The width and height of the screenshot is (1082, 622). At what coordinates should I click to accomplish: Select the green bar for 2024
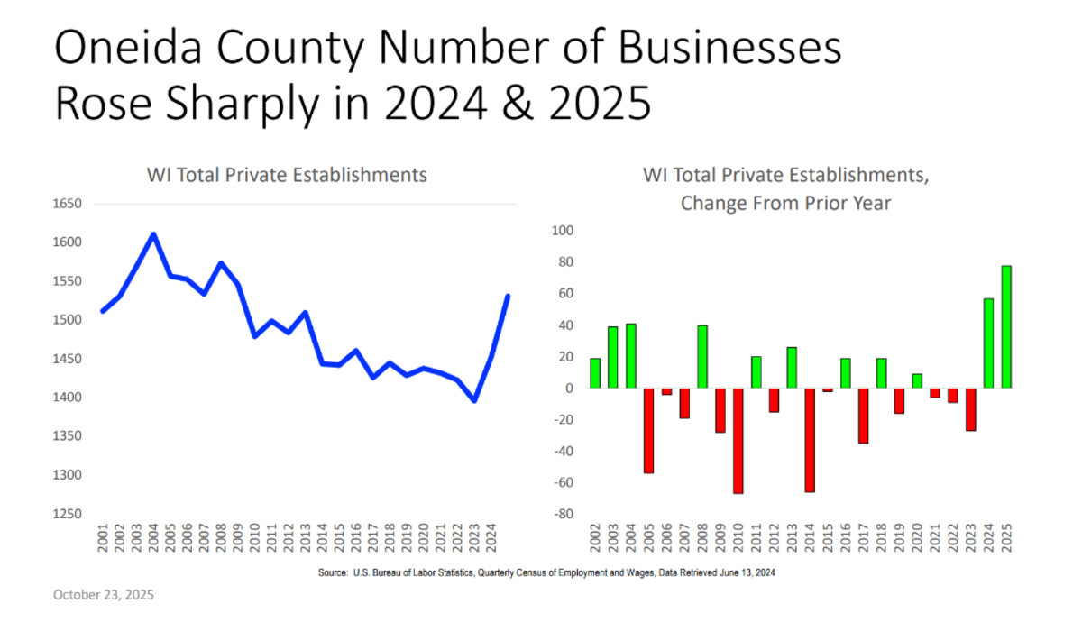click(x=987, y=343)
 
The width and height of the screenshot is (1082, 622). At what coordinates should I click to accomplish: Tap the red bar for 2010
click(x=738, y=441)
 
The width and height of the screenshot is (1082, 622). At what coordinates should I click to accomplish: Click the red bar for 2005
click(x=648, y=431)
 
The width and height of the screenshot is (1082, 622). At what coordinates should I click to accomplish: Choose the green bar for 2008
click(x=701, y=357)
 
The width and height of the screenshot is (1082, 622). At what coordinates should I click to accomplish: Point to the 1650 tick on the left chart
click(x=69, y=205)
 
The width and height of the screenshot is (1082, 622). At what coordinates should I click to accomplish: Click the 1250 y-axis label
click(x=69, y=514)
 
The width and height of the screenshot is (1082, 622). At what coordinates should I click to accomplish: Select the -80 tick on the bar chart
click(x=564, y=515)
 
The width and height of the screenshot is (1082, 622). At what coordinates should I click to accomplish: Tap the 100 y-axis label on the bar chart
click(x=563, y=231)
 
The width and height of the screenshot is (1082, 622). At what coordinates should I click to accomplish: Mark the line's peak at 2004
click(x=153, y=235)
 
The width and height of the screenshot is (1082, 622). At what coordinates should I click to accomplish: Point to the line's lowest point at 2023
click(x=475, y=400)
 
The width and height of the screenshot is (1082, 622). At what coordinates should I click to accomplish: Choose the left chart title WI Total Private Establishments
click(x=287, y=175)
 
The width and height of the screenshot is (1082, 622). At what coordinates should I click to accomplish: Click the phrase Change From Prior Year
click(x=785, y=203)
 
